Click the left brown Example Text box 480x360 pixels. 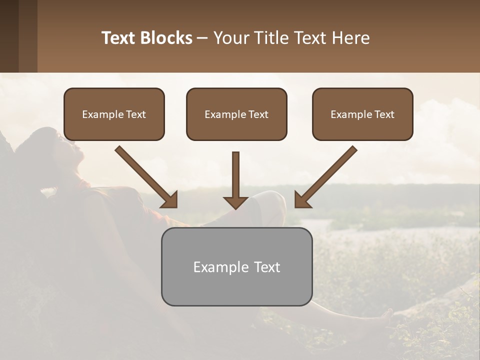(x=114, y=114)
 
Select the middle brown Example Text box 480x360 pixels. (x=236, y=114)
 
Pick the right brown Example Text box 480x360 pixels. (x=362, y=114)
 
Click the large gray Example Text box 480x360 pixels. (x=236, y=267)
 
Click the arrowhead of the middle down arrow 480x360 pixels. (x=235, y=202)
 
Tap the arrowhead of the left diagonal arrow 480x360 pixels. (x=170, y=200)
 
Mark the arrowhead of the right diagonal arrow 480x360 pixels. (x=302, y=200)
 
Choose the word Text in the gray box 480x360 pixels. (x=266, y=267)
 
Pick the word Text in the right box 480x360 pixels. (x=384, y=114)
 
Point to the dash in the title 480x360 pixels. (x=202, y=38)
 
